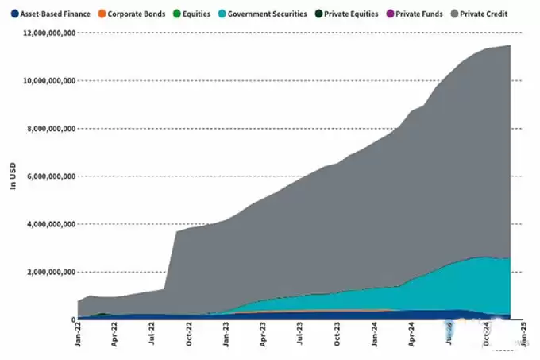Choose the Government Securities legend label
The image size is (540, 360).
point(268,14)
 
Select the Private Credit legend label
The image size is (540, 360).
point(484,14)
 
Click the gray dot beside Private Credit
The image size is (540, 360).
point(454,14)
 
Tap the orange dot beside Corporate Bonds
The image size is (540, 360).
point(100,14)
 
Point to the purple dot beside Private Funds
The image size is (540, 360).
point(392,14)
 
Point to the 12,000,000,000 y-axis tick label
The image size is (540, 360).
point(49,33)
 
